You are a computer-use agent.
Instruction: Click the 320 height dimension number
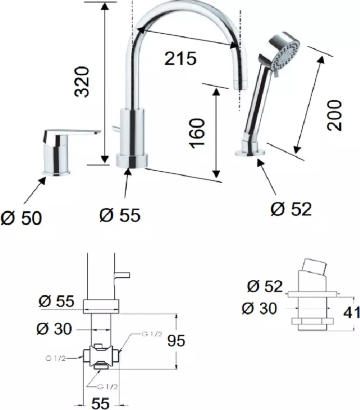pos(82,82)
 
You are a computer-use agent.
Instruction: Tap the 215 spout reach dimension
pos(180,58)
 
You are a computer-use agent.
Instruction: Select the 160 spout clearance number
pos(197,133)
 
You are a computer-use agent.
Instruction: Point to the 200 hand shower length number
pos(335,115)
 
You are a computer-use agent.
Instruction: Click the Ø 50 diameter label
pos(21,218)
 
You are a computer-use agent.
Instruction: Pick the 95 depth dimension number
pos(176,340)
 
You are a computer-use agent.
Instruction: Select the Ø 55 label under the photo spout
pos(120,215)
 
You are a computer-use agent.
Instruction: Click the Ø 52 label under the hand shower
pos(291,209)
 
